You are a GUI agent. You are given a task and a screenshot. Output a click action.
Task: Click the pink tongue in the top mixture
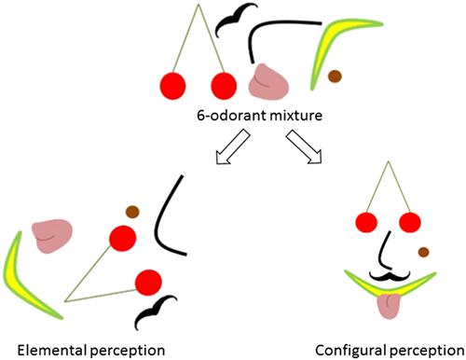(x=270, y=81)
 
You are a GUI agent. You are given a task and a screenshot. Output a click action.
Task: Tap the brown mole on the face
(x=423, y=251)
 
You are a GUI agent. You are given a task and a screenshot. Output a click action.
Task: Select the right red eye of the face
(x=410, y=222)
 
